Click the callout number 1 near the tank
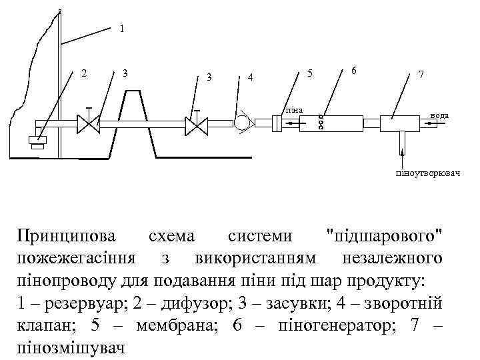[x=121, y=29]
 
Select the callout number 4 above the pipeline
[x=250, y=77]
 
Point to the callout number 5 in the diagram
[x=309, y=73]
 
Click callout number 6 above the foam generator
[x=353, y=71]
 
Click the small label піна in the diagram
[x=294, y=109]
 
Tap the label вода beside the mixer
[x=439, y=115]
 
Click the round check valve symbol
[x=241, y=123]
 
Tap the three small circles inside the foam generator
[x=321, y=123]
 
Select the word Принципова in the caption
[x=66, y=236]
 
